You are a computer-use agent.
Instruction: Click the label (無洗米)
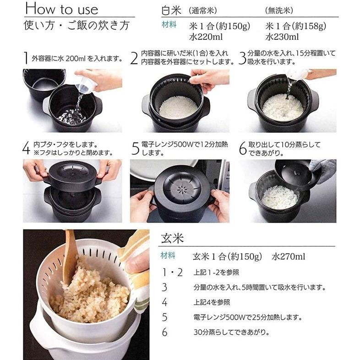pyautogui.click(x=280, y=10)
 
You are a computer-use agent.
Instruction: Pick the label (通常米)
pyautogui.click(x=202, y=10)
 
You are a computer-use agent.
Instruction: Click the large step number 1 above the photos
pyautogui.click(x=27, y=59)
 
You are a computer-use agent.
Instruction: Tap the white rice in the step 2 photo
pyautogui.click(x=178, y=107)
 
